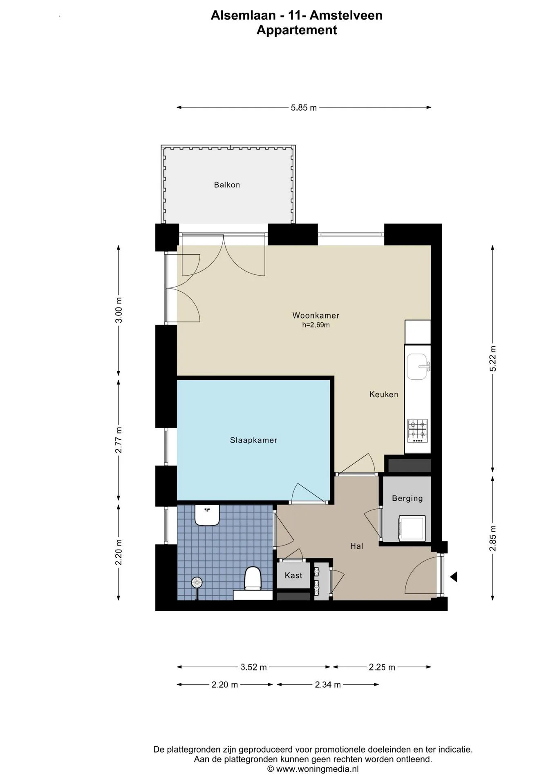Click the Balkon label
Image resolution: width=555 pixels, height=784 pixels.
click(x=227, y=185)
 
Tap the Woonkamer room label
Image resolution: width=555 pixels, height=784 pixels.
click(x=316, y=315)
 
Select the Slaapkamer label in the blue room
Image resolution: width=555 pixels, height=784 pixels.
click(x=253, y=440)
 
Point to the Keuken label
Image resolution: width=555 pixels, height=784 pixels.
click(x=383, y=394)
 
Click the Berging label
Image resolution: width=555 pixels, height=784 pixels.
click(x=407, y=498)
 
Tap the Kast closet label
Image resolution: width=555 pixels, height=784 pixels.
click(x=293, y=575)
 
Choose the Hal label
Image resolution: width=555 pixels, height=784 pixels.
click(x=356, y=546)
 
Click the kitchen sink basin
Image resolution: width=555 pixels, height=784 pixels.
click(x=417, y=366)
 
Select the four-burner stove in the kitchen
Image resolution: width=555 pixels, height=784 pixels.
click(x=417, y=431)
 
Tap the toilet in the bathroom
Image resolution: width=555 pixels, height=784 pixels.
click(x=253, y=578)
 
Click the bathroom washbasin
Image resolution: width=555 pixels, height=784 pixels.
click(x=207, y=515)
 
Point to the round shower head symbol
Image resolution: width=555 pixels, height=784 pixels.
click(x=197, y=581)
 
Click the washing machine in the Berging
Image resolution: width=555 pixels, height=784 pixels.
click(x=412, y=528)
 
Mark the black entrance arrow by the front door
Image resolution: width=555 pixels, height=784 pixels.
click(x=453, y=577)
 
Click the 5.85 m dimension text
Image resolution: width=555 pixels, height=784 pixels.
click(x=304, y=108)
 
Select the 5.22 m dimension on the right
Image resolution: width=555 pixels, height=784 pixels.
click(x=493, y=359)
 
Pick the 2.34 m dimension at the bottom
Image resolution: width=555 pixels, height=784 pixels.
click(x=328, y=685)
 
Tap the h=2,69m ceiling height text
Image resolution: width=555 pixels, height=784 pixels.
click(x=316, y=325)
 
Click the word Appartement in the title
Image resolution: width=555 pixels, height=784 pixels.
click(x=297, y=30)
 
